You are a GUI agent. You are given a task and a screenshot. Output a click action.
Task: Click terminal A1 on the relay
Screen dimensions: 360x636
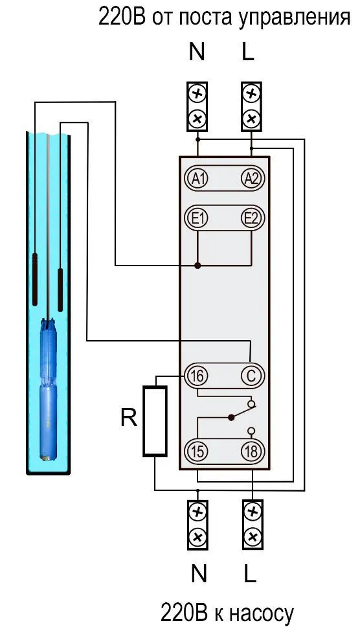click(x=198, y=179)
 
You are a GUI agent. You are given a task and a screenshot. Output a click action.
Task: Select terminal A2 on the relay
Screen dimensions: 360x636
click(x=252, y=179)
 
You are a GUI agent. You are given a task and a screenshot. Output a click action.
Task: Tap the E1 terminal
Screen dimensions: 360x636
click(x=198, y=219)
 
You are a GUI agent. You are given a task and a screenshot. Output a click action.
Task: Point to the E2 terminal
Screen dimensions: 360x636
click(x=252, y=219)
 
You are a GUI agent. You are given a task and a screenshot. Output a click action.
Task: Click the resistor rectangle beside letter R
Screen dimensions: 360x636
click(x=155, y=421)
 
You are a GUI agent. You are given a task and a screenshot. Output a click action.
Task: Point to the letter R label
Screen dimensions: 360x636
click(x=129, y=418)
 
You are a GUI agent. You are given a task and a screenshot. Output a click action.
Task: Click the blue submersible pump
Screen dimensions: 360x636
click(x=49, y=389)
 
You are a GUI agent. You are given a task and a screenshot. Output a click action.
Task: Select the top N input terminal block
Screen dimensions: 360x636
click(x=197, y=107)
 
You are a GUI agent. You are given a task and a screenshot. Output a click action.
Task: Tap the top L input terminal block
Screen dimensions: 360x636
click(x=251, y=107)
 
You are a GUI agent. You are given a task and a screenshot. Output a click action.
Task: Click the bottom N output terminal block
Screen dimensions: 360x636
click(x=198, y=525)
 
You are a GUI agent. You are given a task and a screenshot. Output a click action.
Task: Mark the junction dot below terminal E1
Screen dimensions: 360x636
click(x=198, y=266)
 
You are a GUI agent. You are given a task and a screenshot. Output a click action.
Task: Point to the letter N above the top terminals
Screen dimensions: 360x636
click(x=197, y=52)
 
